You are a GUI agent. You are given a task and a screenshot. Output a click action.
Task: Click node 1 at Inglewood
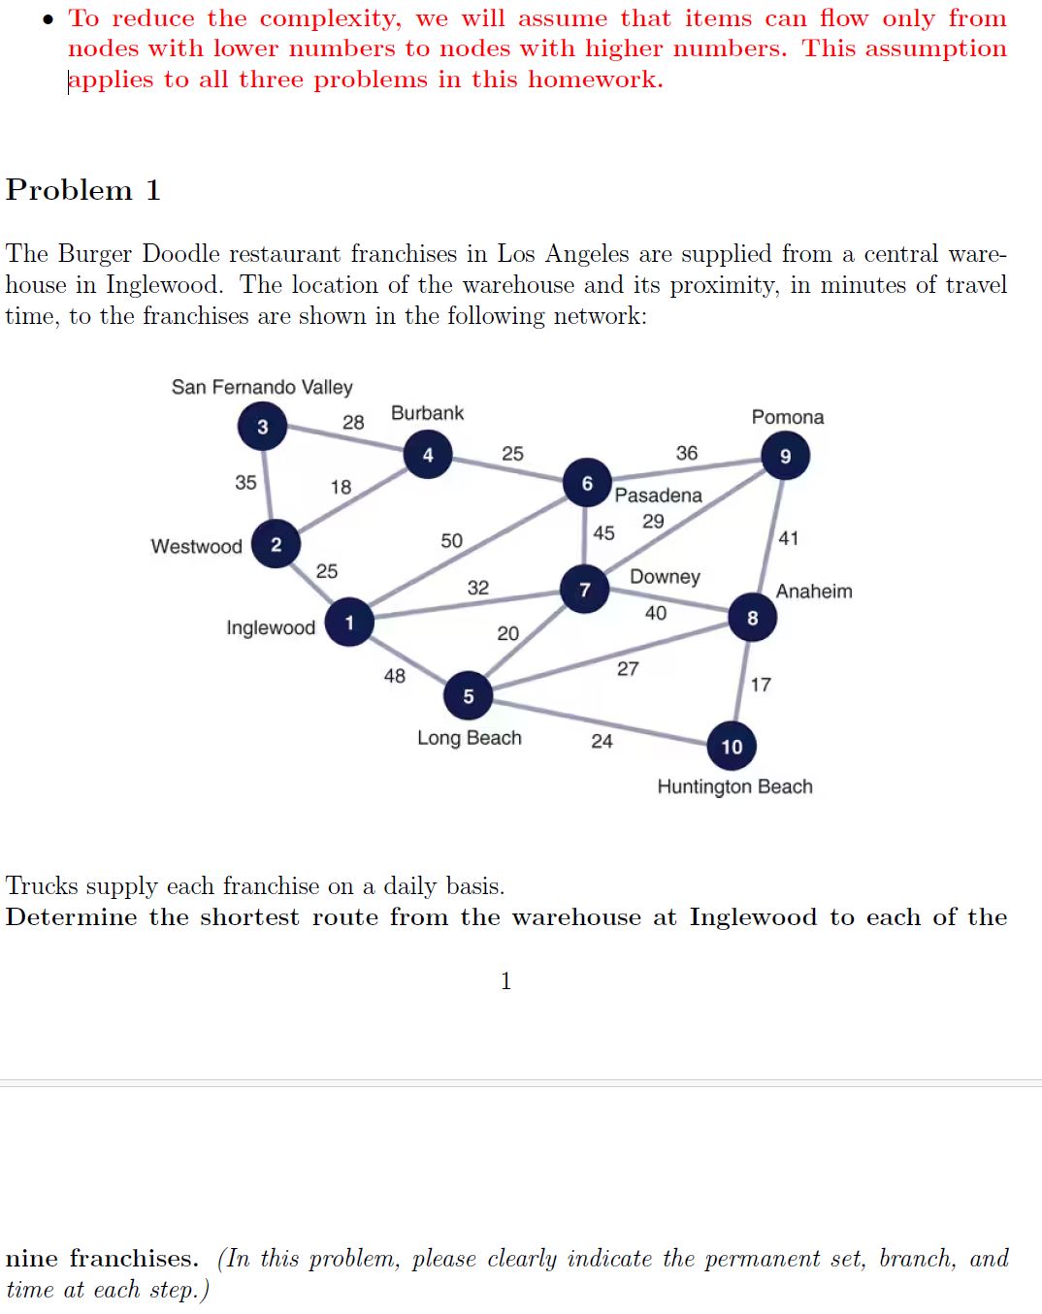[x=349, y=623]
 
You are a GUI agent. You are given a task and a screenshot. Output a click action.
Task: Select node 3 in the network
[x=262, y=427]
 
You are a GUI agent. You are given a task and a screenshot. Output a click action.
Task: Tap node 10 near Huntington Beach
[x=732, y=746]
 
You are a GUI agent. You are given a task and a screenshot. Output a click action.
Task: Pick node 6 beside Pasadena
[x=587, y=483]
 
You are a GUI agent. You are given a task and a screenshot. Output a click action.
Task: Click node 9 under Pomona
[x=785, y=456]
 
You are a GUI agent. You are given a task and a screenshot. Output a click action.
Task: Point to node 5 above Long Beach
[x=469, y=695]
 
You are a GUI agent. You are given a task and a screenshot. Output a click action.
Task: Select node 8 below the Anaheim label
[x=752, y=618]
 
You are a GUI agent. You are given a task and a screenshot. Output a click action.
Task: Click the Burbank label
[x=427, y=413]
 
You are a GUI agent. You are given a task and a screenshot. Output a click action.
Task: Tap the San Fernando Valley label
[x=262, y=387]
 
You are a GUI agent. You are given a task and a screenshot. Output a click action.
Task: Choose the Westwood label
[x=196, y=546]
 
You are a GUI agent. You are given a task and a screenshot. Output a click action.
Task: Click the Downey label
[x=665, y=576]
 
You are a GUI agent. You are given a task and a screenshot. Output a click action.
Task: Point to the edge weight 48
[x=395, y=675]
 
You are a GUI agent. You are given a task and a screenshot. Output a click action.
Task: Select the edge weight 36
[x=687, y=453]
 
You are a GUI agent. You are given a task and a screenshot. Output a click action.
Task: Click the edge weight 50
[x=452, y=540]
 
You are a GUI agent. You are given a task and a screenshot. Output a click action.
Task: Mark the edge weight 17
[x=761, y=685]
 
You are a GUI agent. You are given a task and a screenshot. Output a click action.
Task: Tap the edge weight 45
[x=603, y=532]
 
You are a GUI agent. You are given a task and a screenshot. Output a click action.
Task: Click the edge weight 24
[x=602, y=741]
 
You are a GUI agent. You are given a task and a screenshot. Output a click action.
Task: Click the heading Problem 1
[x=83, y=190]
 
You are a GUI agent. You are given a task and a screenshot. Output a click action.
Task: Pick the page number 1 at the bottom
[x=505, y=981]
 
